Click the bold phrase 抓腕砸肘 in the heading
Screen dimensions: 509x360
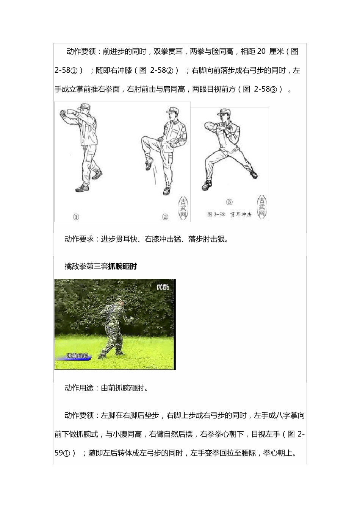pos(122,267)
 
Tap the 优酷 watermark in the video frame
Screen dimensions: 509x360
pos(163,287)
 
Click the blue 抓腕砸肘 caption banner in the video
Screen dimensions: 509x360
pos(77,356)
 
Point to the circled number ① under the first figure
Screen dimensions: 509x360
pos(76,217)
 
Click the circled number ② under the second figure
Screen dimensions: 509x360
pos(165,217)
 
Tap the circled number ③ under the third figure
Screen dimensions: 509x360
pos(229,202)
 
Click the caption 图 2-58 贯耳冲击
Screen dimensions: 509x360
pos(230,214)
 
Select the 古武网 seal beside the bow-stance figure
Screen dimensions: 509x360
pos(262,208)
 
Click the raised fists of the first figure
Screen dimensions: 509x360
pos(67,112)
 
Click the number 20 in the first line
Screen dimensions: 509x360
pos(261,52)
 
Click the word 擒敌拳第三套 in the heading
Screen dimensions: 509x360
pos(86,267)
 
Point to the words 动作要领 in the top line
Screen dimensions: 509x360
pos(81,52)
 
